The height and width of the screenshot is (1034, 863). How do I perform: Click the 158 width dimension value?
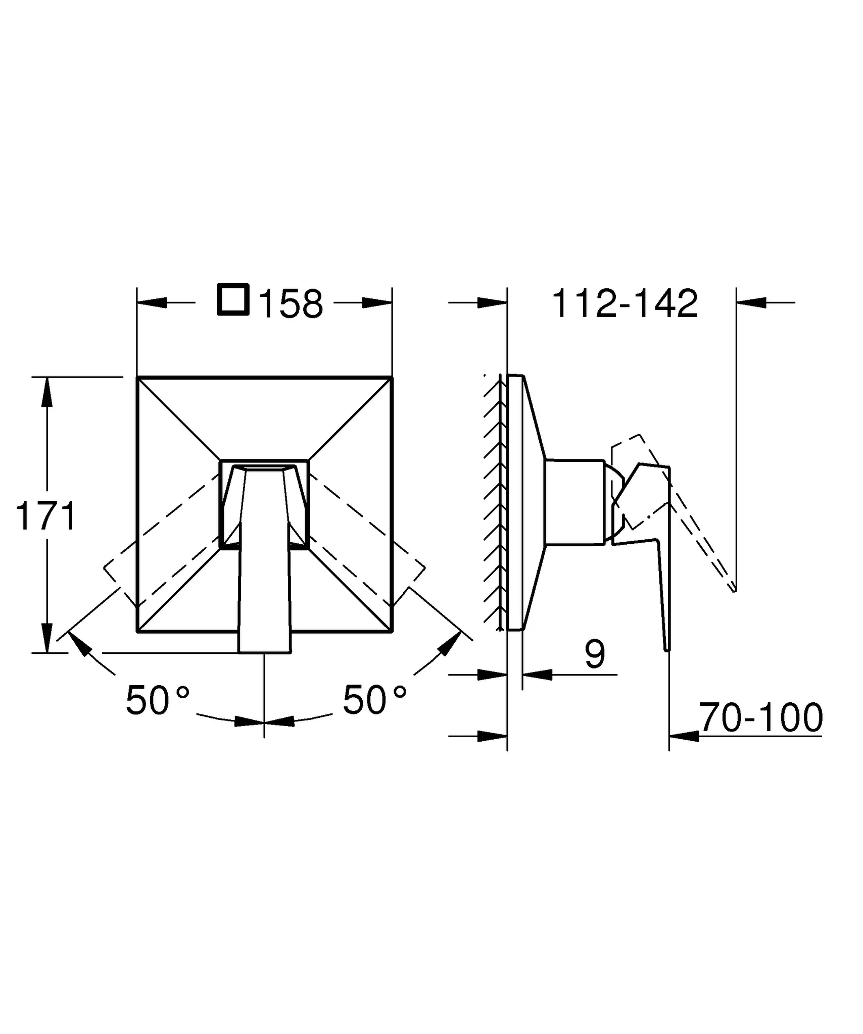(291, 304)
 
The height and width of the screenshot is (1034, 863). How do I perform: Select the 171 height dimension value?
(45, 515)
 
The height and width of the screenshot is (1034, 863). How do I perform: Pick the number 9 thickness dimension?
(595, 654)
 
